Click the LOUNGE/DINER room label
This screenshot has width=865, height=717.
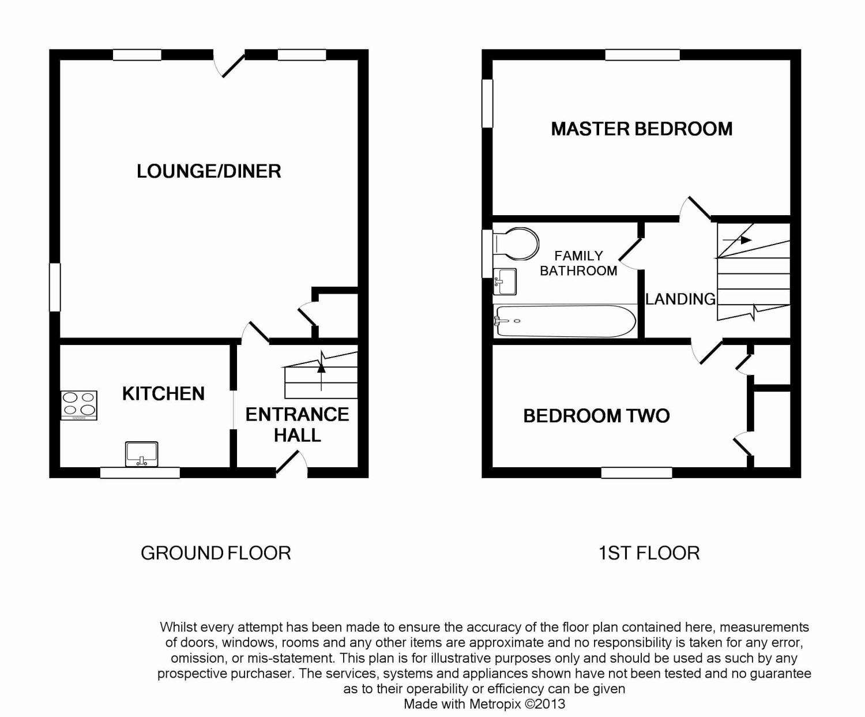[x=209, y=171]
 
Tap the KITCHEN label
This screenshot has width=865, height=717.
[x=163, y=394]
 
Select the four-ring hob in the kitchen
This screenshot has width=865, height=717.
[x=78, y=406]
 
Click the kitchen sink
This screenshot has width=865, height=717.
[x=141, y=454]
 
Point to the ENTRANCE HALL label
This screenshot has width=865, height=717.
[x=297, y=425]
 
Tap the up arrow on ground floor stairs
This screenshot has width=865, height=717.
[x=321, y=371]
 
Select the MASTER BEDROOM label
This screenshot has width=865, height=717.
[x=642, y=129]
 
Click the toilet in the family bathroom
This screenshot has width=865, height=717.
[x=516, y=243]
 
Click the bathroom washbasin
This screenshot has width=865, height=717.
[x=505, y=282]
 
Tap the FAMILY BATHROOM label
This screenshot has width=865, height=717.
[x=578, y=263]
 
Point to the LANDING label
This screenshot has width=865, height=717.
[x=680, y=299]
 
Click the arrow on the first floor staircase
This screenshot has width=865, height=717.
[x=737, y=240]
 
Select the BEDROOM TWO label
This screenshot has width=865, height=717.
[x=596, y=416]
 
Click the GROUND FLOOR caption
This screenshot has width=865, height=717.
[x=216, y=553]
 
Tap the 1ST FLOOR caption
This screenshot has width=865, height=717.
[x=649, y=553]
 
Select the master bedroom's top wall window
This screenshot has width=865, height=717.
[x=642, y=55]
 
